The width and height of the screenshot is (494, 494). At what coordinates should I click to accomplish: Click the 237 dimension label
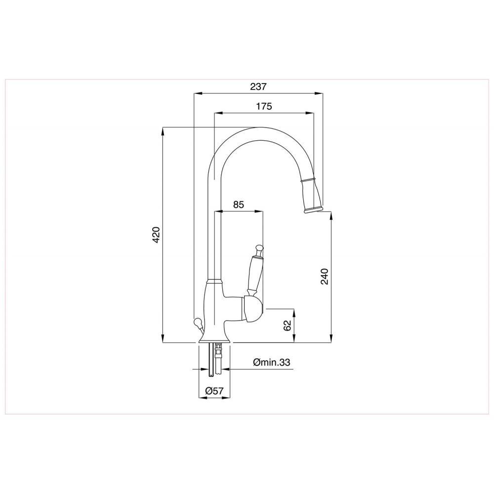(258, 86)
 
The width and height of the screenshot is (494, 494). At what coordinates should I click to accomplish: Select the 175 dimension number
(264, 106)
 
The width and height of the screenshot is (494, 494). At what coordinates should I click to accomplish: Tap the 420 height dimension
(156, 235)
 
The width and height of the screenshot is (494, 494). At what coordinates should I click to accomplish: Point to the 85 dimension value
(239, 205)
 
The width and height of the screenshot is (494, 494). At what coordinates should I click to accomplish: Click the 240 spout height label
(325, 276)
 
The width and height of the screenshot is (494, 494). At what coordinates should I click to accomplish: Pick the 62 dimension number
(287, 326)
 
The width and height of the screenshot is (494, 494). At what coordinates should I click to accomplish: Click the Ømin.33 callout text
(271, 362)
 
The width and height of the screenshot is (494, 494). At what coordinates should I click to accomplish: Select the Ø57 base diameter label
(214, 391)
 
